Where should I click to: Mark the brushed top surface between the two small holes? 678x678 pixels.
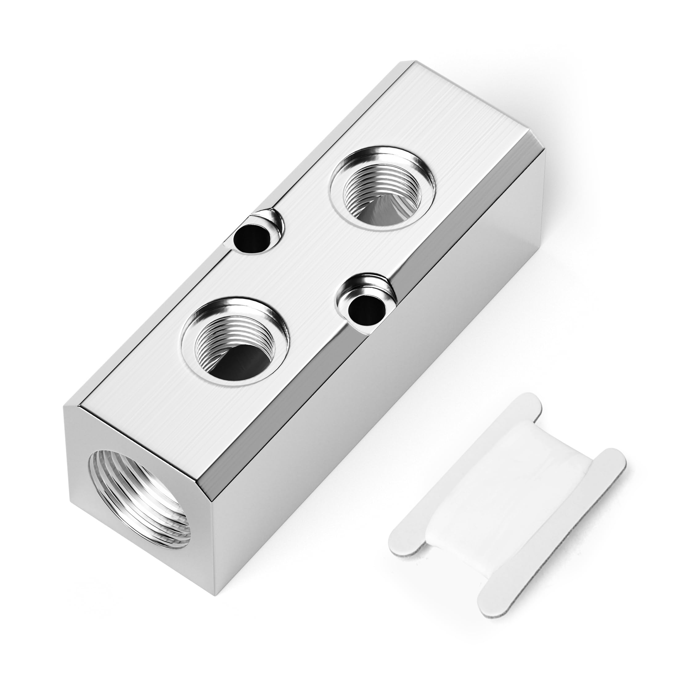(x=309, y=270)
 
